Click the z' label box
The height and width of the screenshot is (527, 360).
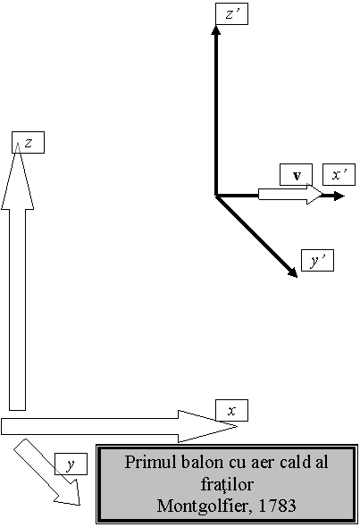point(231,13)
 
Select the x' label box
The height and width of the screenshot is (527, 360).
point(339,174)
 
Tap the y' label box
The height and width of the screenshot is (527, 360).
point(317,260)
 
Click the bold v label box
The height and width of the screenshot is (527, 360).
point(297,174)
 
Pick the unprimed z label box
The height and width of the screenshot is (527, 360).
point(28,143)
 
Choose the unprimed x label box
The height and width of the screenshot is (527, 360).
point(231,410)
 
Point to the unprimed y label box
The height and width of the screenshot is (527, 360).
point(71,464)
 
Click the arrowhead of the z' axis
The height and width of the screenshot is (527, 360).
point(216,29)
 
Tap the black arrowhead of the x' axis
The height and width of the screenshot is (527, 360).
point(339,196)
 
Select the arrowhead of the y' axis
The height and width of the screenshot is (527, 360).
point(293,273)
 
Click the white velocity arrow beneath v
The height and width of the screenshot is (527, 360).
point(290,194)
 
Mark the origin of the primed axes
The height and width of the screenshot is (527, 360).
point(216,196)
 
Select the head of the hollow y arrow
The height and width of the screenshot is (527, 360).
point(69,493)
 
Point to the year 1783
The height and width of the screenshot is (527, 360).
point(278,506)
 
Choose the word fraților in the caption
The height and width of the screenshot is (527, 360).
point(227,485)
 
